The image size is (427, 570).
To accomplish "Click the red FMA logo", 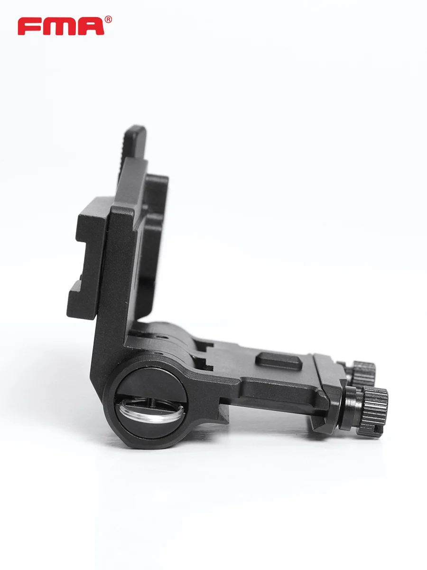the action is [x=65, y=26].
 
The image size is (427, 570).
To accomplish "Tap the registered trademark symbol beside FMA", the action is [x=108, y=19].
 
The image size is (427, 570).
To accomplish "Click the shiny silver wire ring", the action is [x=151, y=411].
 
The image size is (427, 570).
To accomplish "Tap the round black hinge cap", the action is [x=151, y=403].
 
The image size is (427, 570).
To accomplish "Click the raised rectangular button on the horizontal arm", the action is [x=278, y=361].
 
